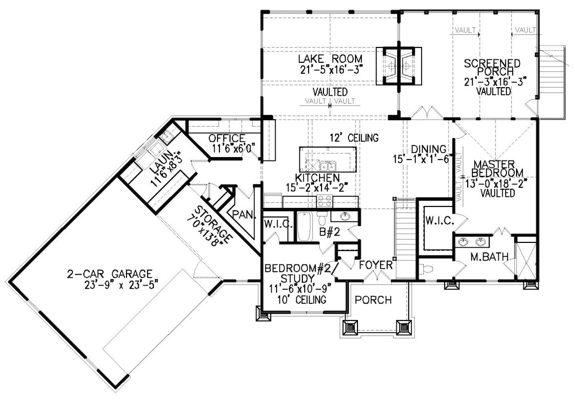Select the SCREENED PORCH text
pyautogui.click(x=492, y=68)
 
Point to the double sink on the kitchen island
pyautogui.click(x=328, y=166)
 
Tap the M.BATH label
pyautogui.click(x=489, y=257)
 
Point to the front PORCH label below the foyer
pyautogui.click(x=373, y=300)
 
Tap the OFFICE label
pyautogui.click(x=226, y=138)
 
